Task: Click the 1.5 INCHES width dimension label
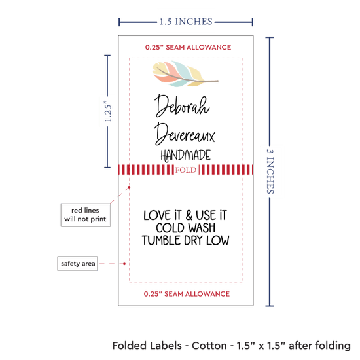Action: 186,22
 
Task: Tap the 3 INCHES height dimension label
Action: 270,171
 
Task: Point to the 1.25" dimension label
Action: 108,111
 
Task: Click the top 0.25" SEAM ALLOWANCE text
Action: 188,47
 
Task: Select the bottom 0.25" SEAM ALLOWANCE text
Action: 187,294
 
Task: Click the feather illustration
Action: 185,74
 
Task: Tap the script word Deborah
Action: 182,106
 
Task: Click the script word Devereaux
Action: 185,134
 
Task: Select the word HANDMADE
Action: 185,155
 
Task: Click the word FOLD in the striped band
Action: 186,170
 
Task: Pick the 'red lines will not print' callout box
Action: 85,215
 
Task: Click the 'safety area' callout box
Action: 78,264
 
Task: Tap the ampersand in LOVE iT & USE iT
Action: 189,215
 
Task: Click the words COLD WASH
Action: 185,228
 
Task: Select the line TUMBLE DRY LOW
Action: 185,240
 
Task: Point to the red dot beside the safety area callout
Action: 124,264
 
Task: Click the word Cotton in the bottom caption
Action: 209,346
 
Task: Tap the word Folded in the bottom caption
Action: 129,346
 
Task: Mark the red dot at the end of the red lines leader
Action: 129,187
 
